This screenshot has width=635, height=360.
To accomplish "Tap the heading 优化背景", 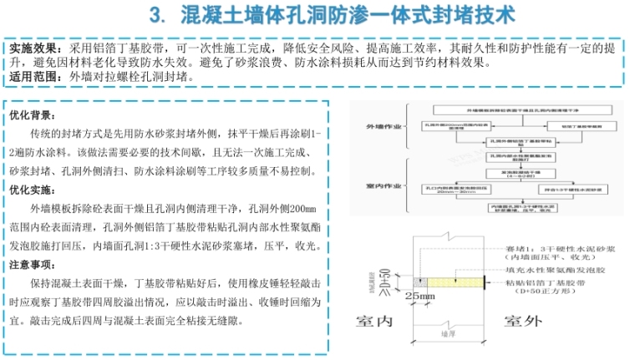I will [33, 115].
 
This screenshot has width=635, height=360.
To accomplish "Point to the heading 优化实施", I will [33, 190].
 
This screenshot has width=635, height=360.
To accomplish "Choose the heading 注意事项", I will [33, 265].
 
